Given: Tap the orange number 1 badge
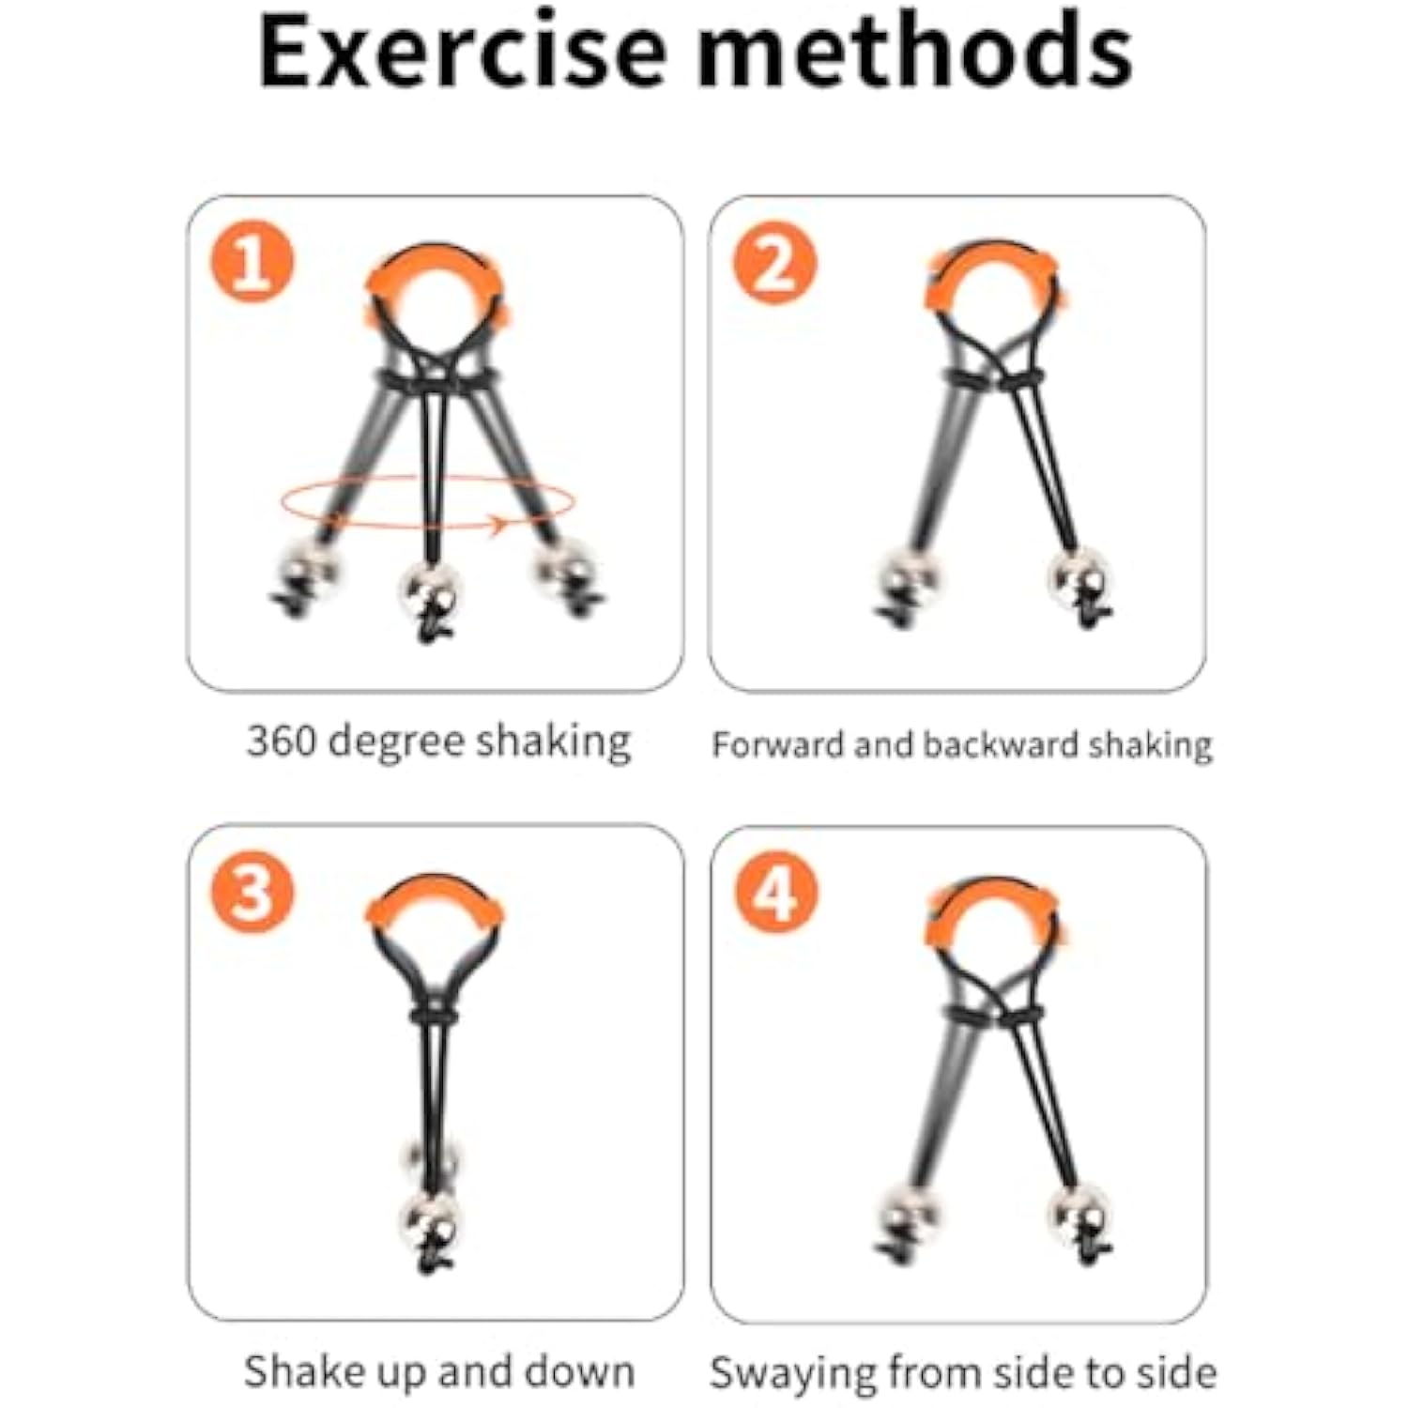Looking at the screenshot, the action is (252, 262).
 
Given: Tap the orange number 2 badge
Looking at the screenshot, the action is (774, 263).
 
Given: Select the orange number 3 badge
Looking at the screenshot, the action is (252, 892).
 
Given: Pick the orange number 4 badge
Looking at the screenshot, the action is (775, 893).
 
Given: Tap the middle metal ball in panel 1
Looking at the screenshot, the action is (430, 589).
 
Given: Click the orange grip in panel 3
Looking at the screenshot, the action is (434, 899).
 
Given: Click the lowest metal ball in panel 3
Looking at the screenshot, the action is (430, 1220).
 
